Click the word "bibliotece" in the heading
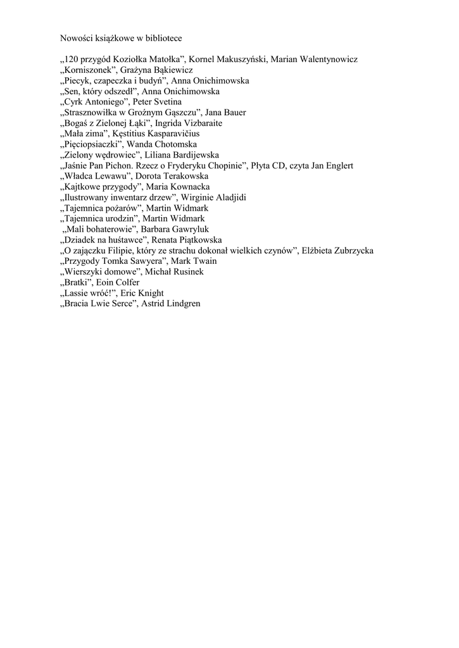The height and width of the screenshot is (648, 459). (x=164, y=38)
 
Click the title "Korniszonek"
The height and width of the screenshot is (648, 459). (x=85, y=70)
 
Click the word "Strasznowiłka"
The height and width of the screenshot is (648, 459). (x=92, y=113)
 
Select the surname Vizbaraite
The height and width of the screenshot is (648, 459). (x=200, y=123)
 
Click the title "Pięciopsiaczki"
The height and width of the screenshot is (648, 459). (x=87, y=144)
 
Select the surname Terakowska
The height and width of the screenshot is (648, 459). (x=177, y=177)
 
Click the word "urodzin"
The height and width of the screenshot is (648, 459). (x=117, y=219)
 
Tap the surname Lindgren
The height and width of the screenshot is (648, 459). (x=184, y=304)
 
